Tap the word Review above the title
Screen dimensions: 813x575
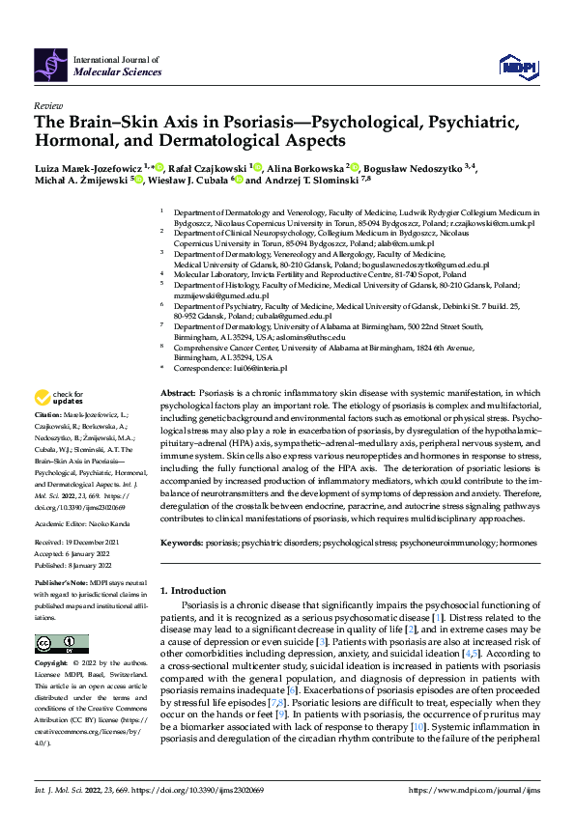(47, 105)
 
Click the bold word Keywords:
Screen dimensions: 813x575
(182, 544)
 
